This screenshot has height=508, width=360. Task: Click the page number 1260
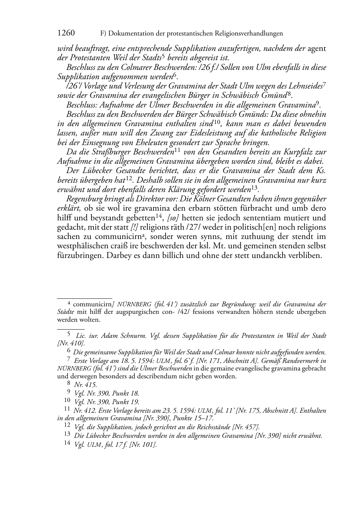pos(66,33)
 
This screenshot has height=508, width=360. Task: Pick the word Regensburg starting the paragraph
pos(85,199)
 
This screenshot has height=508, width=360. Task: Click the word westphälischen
pos(82,246)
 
